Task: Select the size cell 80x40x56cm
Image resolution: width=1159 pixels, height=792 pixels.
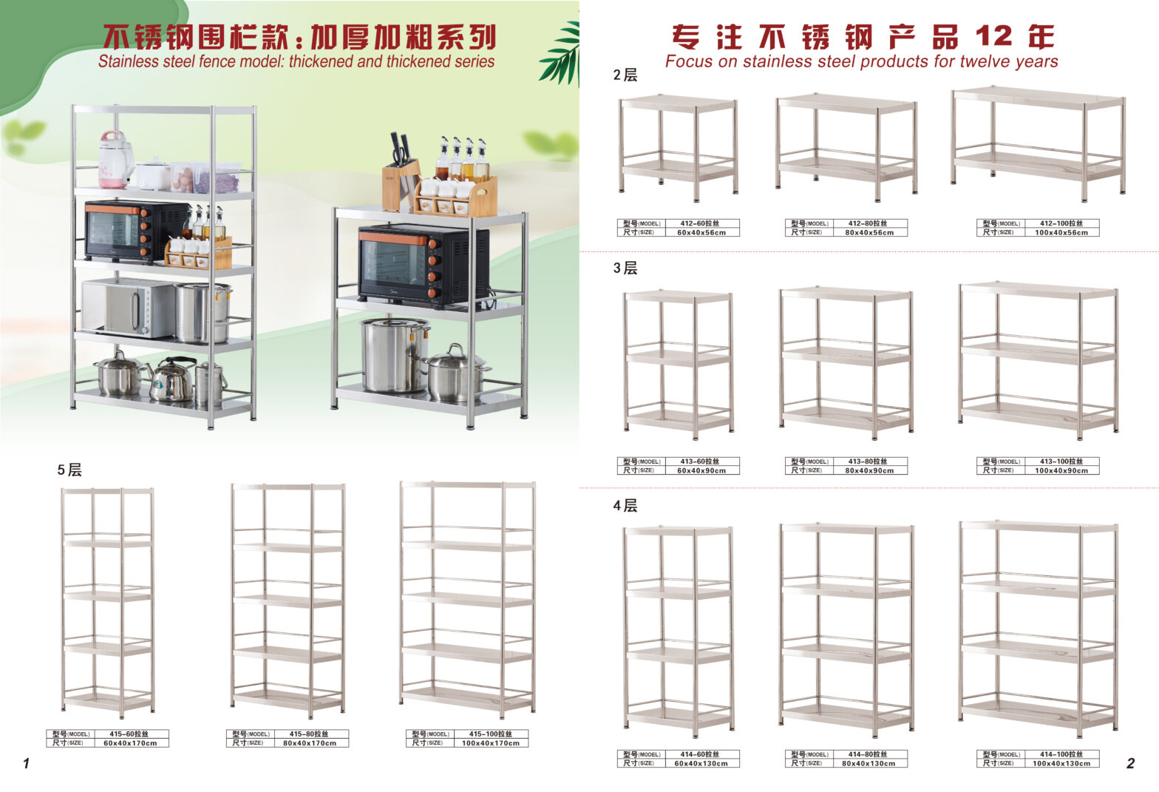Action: (869, 233)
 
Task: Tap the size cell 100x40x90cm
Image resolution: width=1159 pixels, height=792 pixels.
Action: (1061, 471)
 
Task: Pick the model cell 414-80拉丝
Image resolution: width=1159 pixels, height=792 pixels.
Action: (868, 755)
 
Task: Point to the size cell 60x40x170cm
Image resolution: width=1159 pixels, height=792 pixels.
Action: (130, 743)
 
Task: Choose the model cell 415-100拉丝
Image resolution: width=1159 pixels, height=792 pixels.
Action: (491, 734)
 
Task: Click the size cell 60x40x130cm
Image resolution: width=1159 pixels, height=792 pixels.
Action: (701, 764)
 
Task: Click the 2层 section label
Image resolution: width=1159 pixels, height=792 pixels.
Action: (625, 75)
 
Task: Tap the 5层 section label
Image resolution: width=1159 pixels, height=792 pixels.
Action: (69, 470)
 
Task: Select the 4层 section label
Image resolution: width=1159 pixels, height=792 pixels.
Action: (625, 506)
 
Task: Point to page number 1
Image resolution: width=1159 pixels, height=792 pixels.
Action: (27, 763)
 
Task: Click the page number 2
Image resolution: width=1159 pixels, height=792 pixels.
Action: (1131, 763)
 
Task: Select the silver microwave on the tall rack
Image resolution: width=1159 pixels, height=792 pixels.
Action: (128, 308)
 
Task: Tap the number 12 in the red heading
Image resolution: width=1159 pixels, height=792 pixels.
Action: (994, 37)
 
